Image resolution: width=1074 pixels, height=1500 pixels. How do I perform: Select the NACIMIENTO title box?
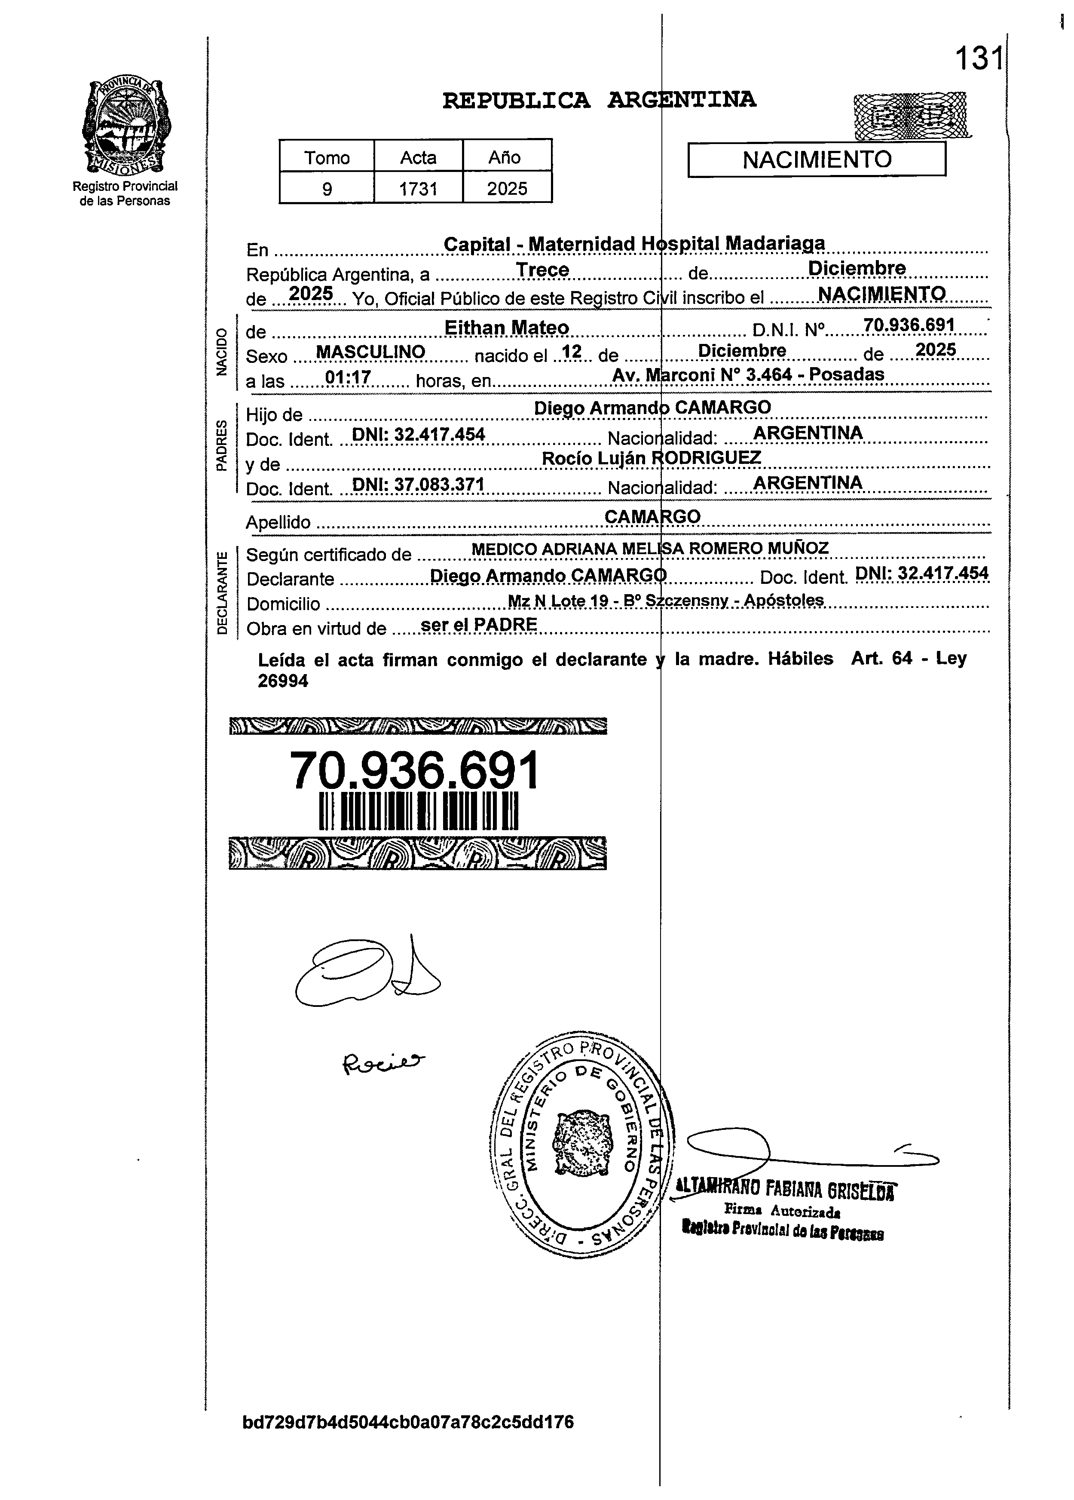point(817,160)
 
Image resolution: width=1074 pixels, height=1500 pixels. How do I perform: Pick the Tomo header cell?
point(327,157)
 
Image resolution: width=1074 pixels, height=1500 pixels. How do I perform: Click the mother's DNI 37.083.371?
point(418,485)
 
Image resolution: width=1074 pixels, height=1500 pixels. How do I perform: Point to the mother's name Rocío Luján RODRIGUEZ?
point(652,458)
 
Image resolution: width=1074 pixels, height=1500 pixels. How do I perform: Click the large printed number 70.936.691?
point(415,771)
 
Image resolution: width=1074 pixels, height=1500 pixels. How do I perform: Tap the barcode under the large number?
point(418,812)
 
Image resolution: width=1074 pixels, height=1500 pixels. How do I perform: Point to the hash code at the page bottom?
point(408,1422)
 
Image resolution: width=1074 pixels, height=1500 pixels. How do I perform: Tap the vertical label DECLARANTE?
point(222,592)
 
